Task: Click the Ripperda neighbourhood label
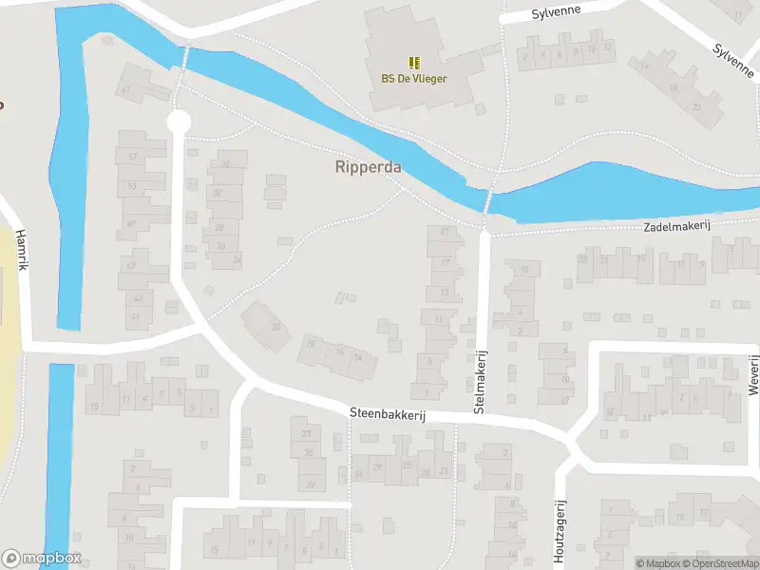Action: coord(368,167)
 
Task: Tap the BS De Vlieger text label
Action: coord(414,79)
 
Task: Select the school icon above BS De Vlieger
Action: coord(414,63)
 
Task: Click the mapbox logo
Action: coord(42,559)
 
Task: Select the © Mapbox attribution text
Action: coord(658,563)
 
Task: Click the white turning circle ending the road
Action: coord(179,121)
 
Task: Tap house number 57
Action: coord(133,156)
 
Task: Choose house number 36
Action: coord(226,163)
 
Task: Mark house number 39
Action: coord(310,485)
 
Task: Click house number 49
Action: coord(131,224)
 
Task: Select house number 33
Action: coord(306,434)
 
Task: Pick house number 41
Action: coord(137,315)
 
